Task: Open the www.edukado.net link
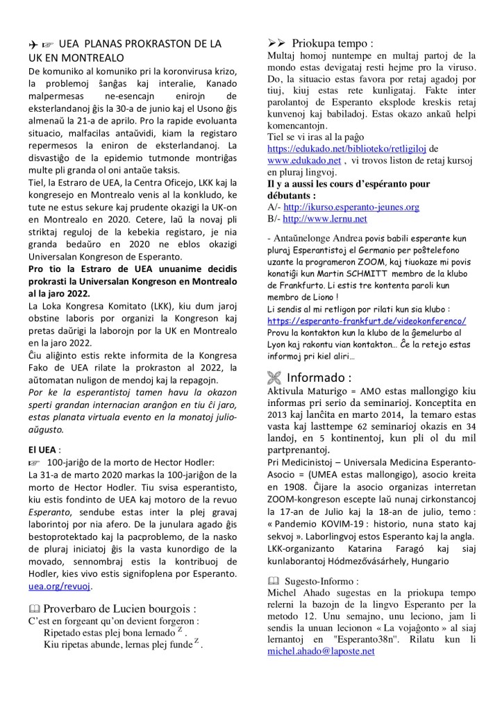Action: click(x=304, y=160)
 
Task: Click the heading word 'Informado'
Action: click(x=319, y=378)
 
